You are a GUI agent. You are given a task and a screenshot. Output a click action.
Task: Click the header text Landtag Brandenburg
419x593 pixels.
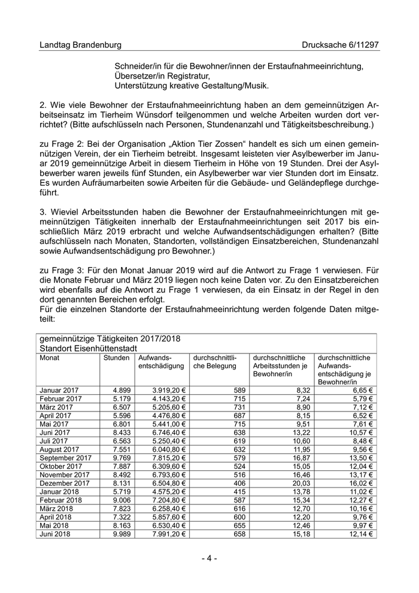tap(80, 45)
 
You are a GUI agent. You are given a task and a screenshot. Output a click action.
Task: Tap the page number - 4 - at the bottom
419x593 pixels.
tap(209, 558)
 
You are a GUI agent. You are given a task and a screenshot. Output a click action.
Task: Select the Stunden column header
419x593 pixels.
tap(116, 358)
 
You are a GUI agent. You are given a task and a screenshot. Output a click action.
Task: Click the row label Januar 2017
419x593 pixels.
tap(59, 390)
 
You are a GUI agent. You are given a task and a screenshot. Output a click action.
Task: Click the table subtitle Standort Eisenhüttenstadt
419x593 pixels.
tap(89, 347)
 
